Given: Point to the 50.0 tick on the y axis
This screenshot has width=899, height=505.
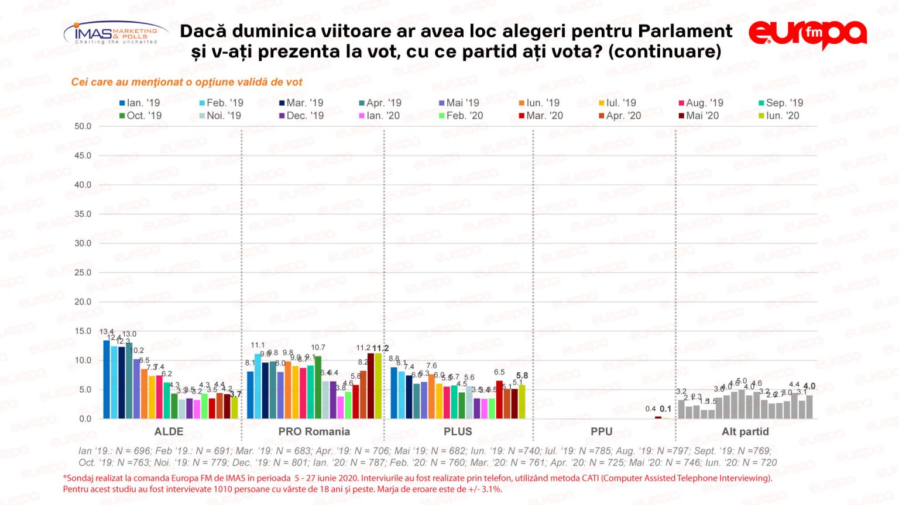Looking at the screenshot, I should coord(83,126).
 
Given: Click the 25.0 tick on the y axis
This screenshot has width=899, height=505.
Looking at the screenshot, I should coord(83,272).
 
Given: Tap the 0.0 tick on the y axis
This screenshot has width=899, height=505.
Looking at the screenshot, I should coord(85,418).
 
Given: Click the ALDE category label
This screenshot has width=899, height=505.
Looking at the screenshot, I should coord(169,432).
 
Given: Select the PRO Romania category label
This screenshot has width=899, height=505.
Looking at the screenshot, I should coord(314,432).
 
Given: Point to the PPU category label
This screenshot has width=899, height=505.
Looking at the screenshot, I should coord(601,432).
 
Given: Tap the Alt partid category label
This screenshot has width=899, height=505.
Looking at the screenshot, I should coord(745,432).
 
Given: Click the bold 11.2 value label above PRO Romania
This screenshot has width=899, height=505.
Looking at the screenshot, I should coord(380,348).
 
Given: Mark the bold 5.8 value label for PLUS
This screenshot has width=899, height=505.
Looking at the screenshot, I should coord(522,376).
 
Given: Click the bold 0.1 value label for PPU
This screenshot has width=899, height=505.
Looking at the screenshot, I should coord(665,409).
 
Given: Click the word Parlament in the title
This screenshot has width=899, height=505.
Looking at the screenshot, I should coord(685,31).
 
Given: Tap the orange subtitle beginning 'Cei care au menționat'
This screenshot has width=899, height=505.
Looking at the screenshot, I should coord(187,82).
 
